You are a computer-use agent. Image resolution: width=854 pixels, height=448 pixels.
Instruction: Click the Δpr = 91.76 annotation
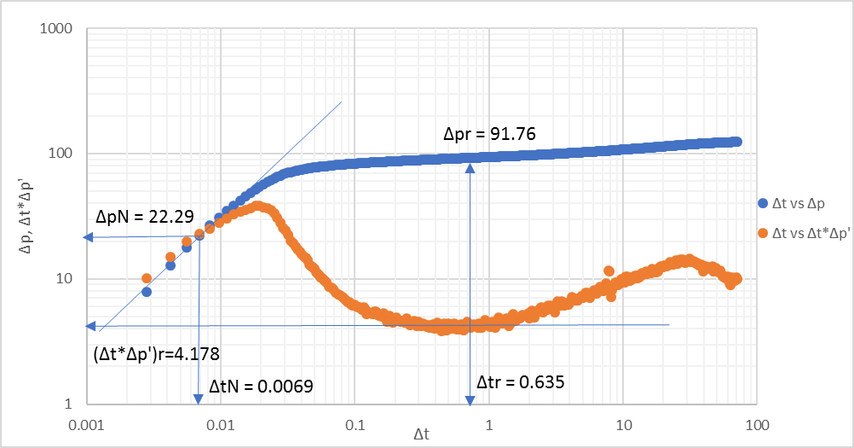(488, 133)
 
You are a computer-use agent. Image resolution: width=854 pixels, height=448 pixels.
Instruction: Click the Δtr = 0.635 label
(520, 381)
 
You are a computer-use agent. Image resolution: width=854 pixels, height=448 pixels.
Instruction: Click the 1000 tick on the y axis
(55, 29)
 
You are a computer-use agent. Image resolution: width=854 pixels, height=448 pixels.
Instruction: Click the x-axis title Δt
(421, 434)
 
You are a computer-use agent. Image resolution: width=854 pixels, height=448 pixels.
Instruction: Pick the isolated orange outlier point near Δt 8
(609, 271)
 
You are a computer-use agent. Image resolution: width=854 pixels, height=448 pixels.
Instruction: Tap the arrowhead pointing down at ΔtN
(198, 399)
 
